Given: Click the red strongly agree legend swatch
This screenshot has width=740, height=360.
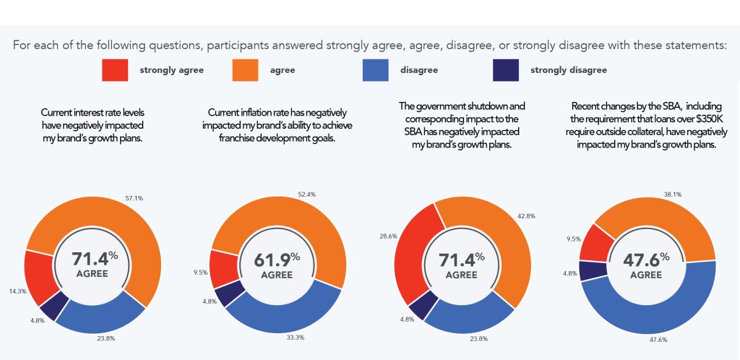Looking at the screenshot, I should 115,70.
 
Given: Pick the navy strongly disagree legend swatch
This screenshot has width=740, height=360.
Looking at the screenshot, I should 505,70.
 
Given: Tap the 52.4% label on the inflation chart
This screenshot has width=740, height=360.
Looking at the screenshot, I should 307,193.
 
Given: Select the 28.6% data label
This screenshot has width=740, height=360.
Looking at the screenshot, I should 389,236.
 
